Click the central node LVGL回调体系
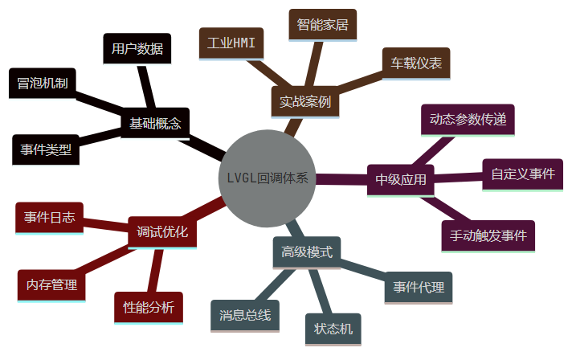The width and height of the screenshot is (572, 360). tap(267, 178)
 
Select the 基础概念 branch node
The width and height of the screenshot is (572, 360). tap(156, 123)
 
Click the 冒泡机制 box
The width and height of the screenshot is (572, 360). tap(43, 84)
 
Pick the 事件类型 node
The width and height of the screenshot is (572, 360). tap(46, 149)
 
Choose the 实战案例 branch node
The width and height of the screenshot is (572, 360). tap(304, 103)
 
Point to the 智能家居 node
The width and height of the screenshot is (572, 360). tap(322, 25)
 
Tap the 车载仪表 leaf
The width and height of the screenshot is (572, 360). tap(415, 63)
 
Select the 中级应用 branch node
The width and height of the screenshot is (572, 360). tap(401, 180)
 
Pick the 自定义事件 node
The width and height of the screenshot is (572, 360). tap(522, 173)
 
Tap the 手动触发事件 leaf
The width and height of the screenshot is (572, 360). tap(488, 235)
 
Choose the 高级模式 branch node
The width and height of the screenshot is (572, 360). tap(307, 252)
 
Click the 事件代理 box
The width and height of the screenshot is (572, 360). tap(419, 288)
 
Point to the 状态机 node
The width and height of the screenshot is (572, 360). tap(333, 328)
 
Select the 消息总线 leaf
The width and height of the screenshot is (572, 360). tap(245, 314)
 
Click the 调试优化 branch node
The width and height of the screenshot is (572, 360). tap(162, 232)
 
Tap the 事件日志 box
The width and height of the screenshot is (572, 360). tap(49, 217)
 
